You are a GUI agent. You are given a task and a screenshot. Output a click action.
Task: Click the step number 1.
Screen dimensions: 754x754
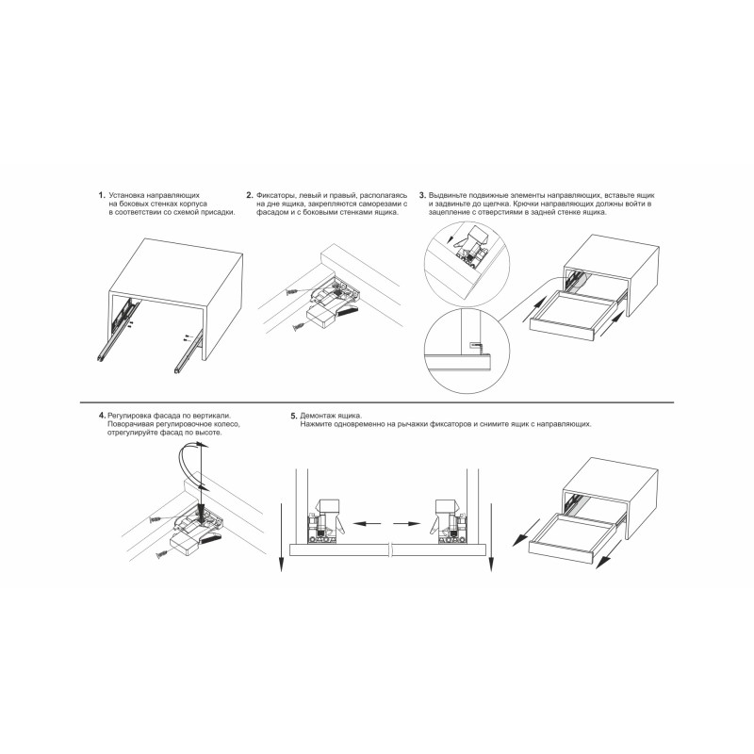pos(101,195)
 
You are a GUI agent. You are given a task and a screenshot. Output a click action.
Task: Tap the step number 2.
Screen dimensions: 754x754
pos(249,195)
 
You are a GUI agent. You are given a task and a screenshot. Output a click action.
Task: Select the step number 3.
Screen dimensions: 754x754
pos(422,195)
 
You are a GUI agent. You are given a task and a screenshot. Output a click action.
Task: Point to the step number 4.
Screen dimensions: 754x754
pos(102,415)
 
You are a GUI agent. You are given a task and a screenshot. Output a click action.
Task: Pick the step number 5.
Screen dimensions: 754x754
pos(294,416)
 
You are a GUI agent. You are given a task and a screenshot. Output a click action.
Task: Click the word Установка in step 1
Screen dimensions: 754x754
pos(127,196)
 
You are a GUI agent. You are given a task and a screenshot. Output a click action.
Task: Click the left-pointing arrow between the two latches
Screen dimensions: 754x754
pos(368,523)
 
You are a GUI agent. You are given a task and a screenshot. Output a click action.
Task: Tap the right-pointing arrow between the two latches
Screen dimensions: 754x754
pos(408,523)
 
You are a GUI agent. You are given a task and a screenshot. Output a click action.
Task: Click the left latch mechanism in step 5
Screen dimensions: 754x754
pos(325,522)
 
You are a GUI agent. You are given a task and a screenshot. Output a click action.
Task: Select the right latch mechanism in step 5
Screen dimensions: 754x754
pos(448,522)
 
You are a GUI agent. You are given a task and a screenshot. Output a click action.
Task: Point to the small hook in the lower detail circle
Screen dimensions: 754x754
pos(476,346)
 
